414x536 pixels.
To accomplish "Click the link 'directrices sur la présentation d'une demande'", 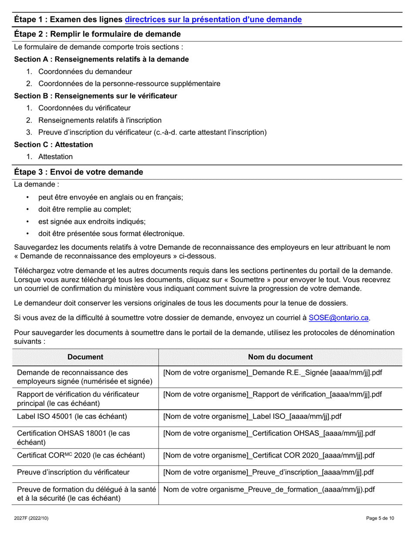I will (213, 20).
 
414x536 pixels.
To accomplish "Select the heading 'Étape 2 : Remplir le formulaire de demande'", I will (97, 34).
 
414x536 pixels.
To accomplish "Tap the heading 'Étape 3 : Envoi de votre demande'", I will (78, 172).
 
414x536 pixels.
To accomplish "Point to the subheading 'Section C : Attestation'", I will (54, 145).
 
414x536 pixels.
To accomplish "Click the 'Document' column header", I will (85, 357).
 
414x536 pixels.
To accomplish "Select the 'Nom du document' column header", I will (280, 357).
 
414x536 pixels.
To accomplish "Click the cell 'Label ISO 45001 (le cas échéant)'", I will (72, 416).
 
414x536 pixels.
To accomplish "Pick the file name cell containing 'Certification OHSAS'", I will (269, 434).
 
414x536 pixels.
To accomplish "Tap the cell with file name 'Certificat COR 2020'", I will (268, 455).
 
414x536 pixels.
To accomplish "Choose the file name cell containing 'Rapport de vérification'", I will (272, 394).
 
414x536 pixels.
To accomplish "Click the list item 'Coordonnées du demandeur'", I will (85, 71).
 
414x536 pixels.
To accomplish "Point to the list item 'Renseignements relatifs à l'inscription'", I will (100, 120).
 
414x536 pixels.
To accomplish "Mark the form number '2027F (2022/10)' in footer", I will (32, 518).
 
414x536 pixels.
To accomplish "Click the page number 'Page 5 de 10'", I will (380, 518).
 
